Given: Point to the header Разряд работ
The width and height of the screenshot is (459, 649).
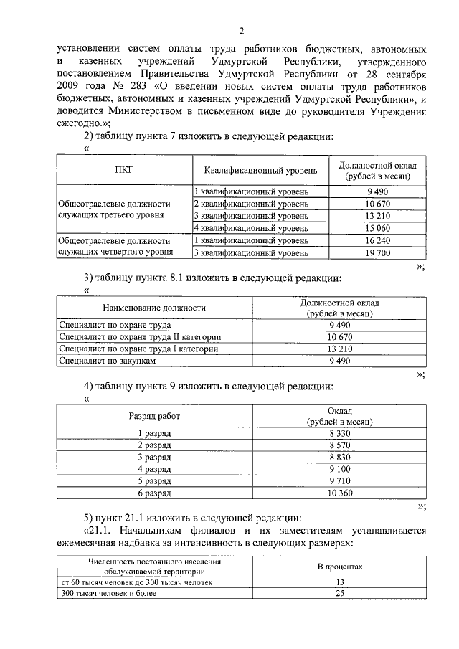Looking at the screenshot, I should click(x=154, y=415).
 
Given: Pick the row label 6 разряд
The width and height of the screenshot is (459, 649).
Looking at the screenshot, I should click(x=154, y=494).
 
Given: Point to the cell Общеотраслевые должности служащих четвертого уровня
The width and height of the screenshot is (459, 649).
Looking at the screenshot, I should click(x=114, y=246).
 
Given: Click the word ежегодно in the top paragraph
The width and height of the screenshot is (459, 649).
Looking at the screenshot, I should click(x=77, y=123).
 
